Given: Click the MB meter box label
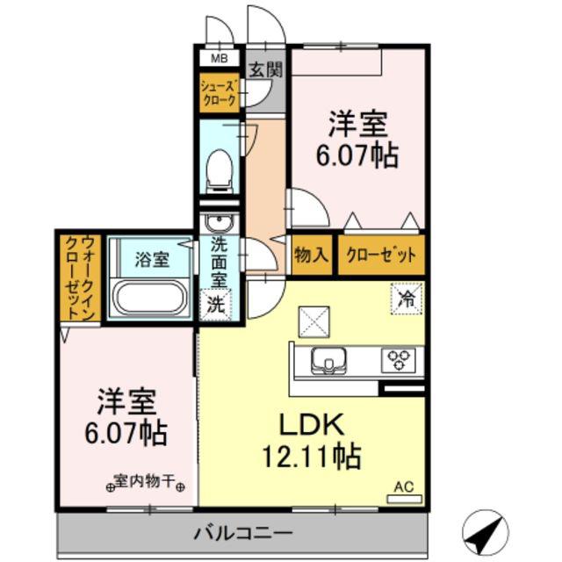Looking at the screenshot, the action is (x=219, y=59).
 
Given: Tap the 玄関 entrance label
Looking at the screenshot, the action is (x=266, y=69).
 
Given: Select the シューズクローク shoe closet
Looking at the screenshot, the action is (x=220, y=92).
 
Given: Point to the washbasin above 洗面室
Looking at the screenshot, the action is (x=219, y=224).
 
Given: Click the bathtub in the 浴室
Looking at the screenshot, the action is (x=150, y=297).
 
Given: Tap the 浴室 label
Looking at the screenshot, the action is (x=152, y=259).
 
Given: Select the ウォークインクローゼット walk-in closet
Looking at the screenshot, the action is (x=80, y=278).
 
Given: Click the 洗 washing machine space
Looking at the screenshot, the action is (x=216, y=305).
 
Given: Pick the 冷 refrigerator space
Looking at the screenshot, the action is (x=407, y=299).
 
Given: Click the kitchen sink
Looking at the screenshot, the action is (x=328, y=361).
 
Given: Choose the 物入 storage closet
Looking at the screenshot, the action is (x=311, y=255).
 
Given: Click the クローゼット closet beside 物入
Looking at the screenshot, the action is (x=381, y=255).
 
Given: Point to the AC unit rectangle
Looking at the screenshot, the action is (x=404, y=499).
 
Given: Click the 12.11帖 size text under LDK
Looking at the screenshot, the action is (x=312, y=456).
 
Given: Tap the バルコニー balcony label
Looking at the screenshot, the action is (x=243, y=533).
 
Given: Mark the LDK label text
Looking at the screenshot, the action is (x=312, y=424).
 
